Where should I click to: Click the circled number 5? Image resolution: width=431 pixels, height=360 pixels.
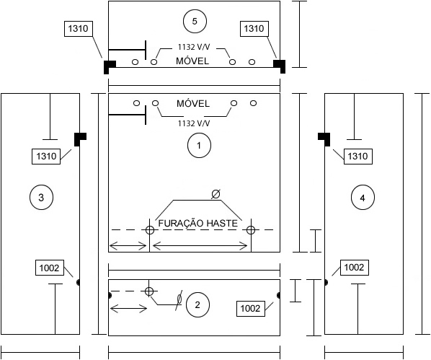(195, 21)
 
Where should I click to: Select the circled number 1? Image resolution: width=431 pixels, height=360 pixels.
(199, 145)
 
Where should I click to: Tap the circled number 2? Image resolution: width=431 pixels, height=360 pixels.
(197, 305)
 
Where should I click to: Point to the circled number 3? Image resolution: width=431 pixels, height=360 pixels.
(41, 198)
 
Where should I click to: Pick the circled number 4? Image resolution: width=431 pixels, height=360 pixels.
(363, 198)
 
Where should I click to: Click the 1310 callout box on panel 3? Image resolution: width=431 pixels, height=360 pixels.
(46, 157)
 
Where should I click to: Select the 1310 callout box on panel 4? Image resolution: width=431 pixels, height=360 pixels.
(358, 157)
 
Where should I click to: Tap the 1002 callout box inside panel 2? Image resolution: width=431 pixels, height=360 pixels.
(250, 309)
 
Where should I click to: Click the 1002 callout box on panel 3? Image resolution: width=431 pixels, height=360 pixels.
(50, 268)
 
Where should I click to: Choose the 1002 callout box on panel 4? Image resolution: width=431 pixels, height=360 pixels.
(355, 267)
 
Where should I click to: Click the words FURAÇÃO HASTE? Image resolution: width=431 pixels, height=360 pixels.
(197, 223)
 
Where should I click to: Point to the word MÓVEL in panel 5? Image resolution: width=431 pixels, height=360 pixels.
(192, 61)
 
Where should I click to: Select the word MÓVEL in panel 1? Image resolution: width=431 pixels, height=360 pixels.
(193, 103)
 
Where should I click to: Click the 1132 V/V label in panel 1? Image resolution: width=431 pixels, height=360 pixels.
(194, 123)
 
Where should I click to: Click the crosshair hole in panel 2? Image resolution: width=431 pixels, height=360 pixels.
(149, 291)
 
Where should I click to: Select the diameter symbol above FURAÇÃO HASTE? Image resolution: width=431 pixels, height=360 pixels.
(215, 194)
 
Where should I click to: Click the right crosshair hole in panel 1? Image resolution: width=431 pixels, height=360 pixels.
(251, 230)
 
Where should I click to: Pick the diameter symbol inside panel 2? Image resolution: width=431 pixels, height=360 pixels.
(179, 299)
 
